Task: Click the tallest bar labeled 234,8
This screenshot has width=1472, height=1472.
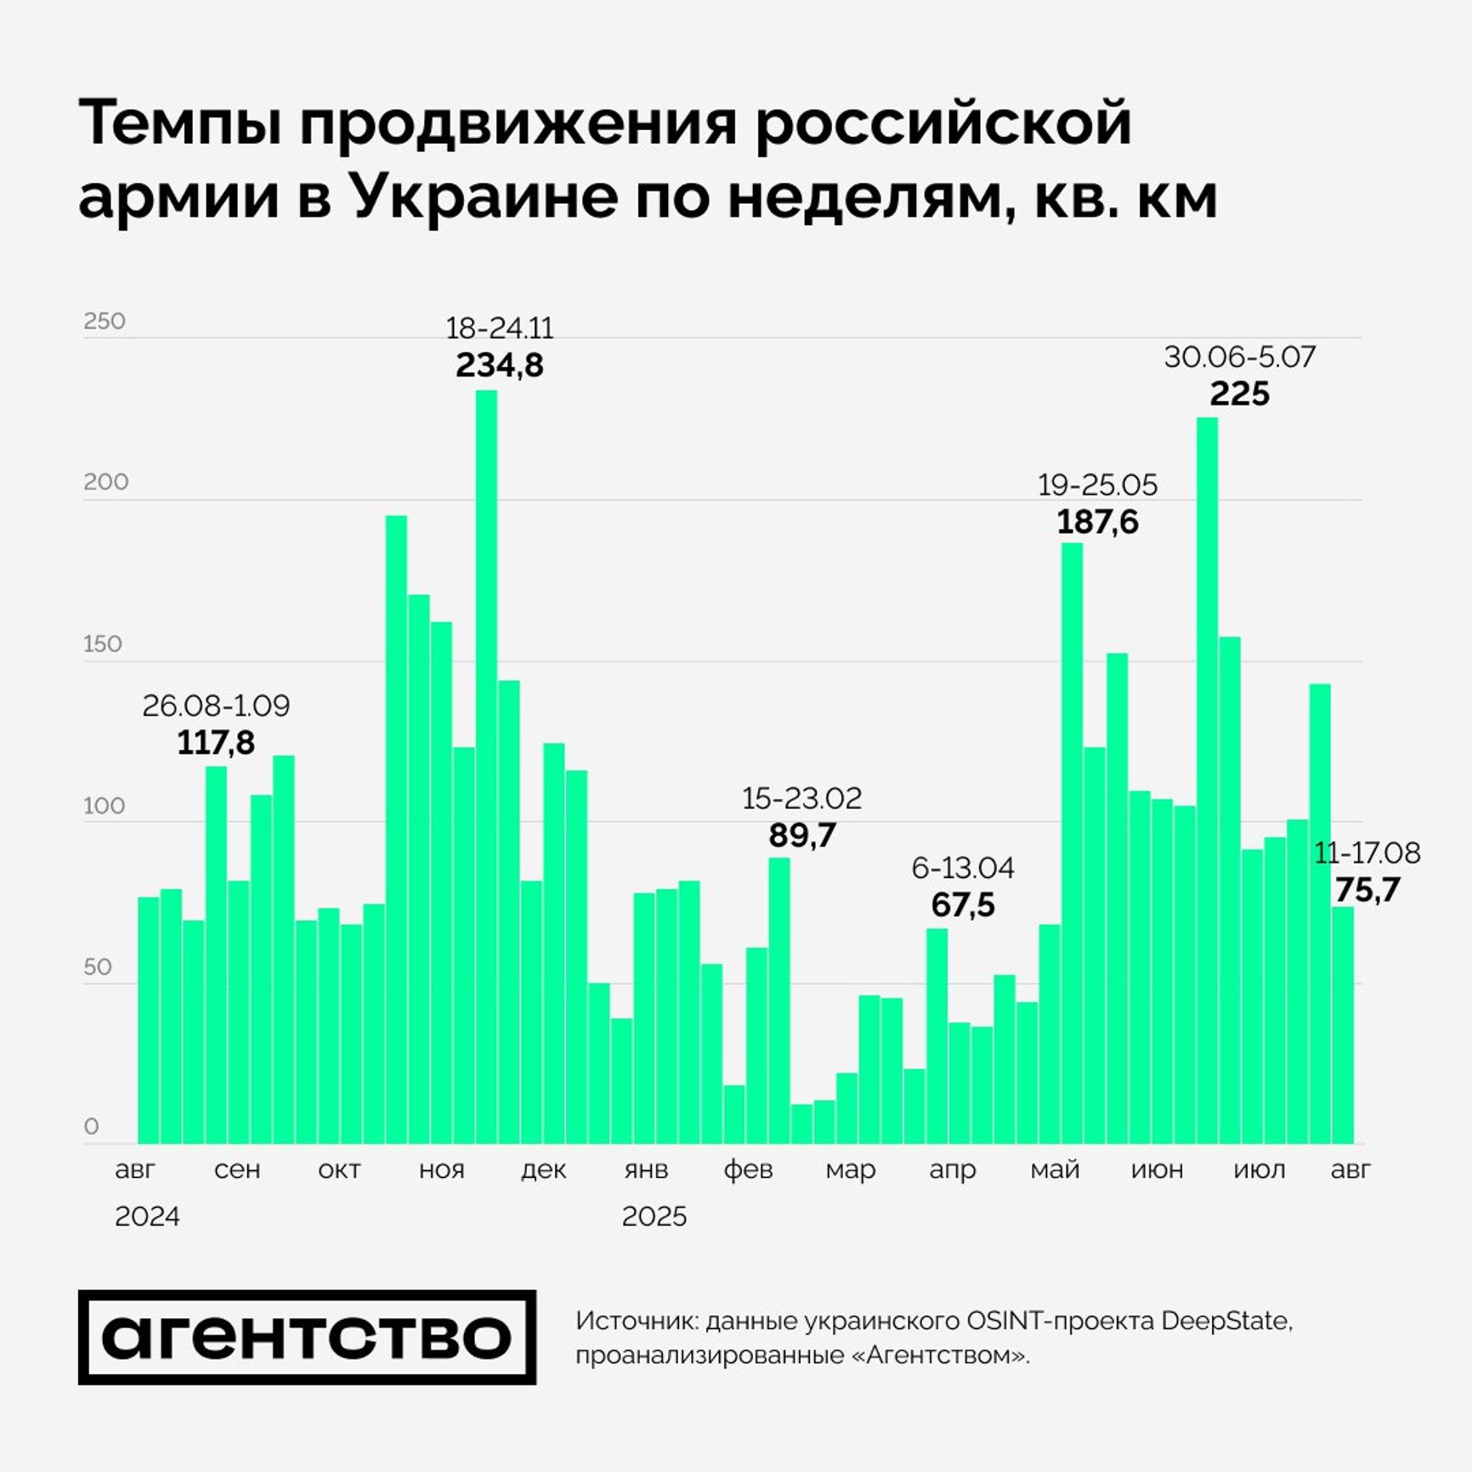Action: point(486,765)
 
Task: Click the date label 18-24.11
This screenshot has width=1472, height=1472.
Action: point(499,328)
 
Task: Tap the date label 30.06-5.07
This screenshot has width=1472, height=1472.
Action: point(1239,357)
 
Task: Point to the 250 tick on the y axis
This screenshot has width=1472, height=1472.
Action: point(105,321)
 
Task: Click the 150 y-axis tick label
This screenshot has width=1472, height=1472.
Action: point(103,643)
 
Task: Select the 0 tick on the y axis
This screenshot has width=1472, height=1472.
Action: point(92,1127)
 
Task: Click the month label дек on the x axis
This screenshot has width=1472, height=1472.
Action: point(543,1169)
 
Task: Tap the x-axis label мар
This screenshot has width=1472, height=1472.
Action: point(850,1169)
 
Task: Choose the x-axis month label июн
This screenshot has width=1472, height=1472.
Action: point(1157,1169)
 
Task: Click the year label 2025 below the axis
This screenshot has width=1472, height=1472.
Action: point(654,1216)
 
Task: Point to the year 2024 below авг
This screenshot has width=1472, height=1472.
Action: point(147,1216)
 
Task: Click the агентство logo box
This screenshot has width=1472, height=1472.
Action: point(307,1338)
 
